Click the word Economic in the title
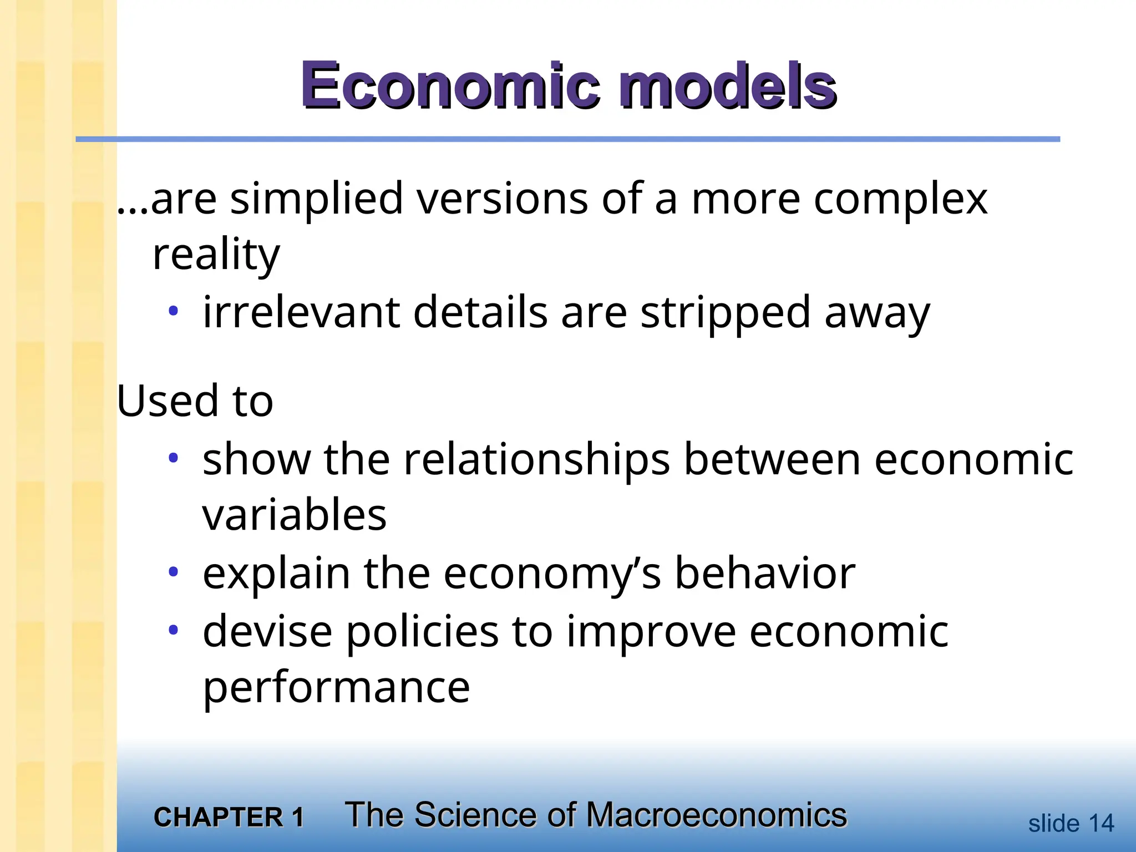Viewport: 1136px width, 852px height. [450, 86]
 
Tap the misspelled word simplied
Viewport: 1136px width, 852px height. [316, 199]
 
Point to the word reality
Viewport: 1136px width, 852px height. [216, 255]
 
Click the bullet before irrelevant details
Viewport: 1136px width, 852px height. [174, 311]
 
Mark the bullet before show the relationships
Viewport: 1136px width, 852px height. [174, 458]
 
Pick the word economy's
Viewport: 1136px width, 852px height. [552, 575]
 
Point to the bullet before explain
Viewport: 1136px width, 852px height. [174, 572]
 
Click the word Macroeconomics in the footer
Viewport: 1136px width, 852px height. [716, 815]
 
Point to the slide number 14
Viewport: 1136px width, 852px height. [1101, 824]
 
